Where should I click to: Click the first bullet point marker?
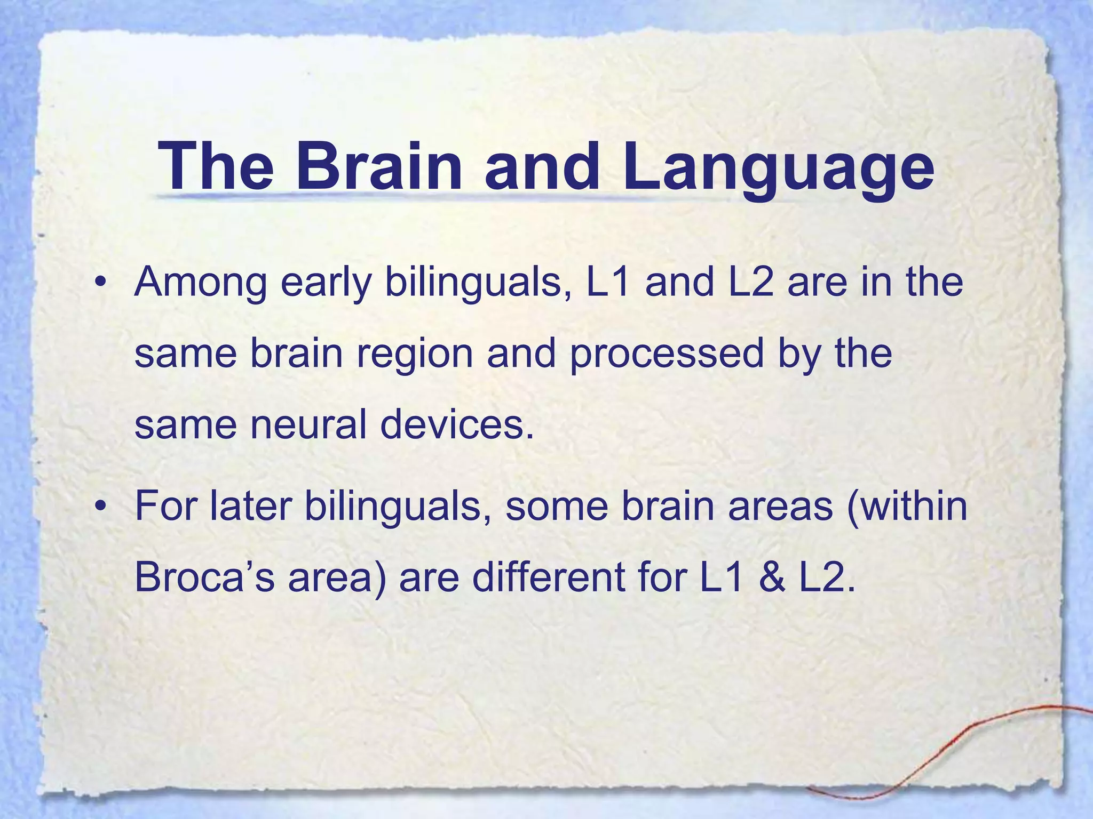pos(99,283)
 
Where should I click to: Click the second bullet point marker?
pos(99,507)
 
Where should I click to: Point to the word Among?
pos(200,283)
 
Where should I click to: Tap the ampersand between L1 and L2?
pos(771,577)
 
